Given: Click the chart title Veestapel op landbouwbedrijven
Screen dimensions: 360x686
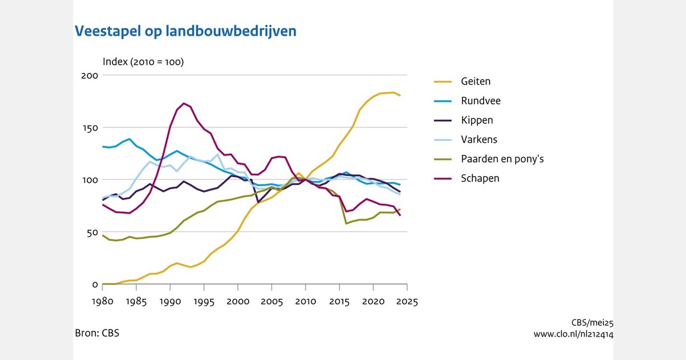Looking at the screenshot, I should [186, 31].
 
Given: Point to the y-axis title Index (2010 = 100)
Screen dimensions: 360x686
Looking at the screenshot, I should [143, 62].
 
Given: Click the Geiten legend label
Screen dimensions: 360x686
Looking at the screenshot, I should [476, 81].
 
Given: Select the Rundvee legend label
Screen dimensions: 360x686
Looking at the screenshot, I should [481, 101].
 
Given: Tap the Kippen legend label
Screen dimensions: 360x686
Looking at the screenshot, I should [477, 120].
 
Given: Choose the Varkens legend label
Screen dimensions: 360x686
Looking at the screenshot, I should [480, 139].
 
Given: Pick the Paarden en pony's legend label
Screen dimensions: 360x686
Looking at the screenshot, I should [502, 159].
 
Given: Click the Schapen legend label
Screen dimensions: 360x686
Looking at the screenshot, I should [480, 178].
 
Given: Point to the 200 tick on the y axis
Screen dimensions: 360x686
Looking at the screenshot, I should [91, 75].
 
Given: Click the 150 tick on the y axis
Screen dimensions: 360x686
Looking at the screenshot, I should [91, 127].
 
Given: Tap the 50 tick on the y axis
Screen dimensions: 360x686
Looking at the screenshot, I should [93, 232].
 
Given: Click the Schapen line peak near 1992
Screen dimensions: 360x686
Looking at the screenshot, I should [184, 103].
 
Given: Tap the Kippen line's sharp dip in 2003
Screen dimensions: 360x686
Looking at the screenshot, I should [258, 202].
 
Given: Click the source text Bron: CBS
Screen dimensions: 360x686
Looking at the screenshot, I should [97, 333].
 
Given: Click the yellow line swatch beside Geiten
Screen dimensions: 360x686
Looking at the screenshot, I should [440, 81].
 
